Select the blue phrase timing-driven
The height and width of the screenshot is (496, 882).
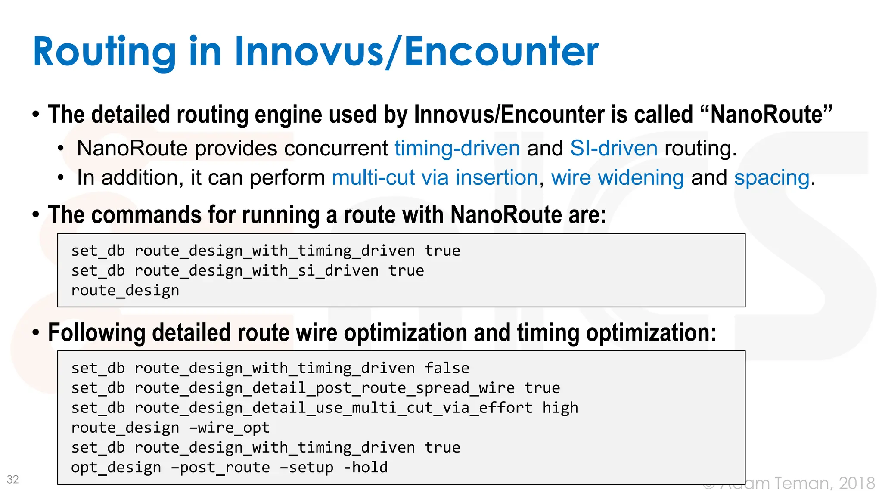coord(457,149)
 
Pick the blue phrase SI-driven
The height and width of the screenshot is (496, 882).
coord(614,149)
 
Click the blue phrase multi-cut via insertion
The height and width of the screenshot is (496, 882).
coord(435,178)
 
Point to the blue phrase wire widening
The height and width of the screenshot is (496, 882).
coord(617,178)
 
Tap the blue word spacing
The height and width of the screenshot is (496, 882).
coord(772,178)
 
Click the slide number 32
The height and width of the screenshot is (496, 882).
coord(13,479)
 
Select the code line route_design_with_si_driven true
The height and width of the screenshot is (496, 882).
coord(248,271)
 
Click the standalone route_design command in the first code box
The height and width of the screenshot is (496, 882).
coord(125,291)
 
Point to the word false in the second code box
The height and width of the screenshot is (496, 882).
coord(447,368)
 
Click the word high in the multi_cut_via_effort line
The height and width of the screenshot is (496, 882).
coord(560,408)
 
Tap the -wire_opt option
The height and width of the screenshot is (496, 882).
coord(229,428)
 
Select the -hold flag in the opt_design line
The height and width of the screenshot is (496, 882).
coord(366,467)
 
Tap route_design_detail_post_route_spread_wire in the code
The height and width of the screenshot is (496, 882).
coord(324,388)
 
